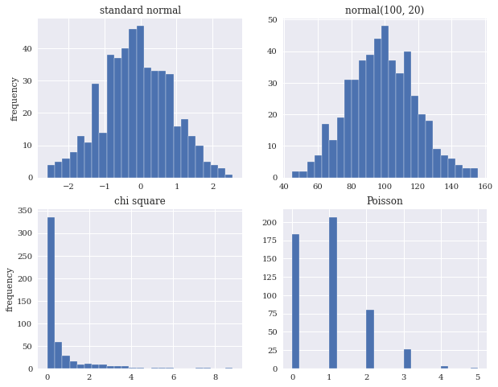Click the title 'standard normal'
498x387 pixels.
pos(140,10)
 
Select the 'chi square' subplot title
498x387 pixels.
pos(140,201)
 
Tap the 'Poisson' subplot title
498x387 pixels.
pos(385,201)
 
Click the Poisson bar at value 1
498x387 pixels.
pos(332,293)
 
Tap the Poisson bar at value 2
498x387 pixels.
pos(369,339)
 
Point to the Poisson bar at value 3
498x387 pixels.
pos(407,359)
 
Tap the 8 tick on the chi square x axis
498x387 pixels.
pos(216,377)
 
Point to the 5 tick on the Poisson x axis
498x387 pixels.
pos(477,377)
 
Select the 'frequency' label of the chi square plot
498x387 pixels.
pos(10,290)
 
